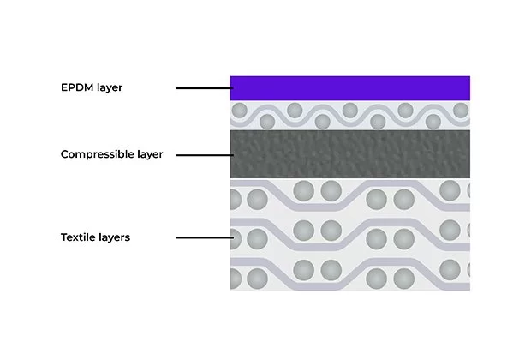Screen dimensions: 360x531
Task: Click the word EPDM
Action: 77,87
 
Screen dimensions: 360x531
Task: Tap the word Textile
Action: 79,237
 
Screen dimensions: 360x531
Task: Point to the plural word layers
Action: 115,237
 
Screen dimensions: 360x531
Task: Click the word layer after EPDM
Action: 110,87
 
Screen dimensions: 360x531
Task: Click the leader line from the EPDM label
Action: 203,88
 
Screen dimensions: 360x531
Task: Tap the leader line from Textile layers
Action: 203,237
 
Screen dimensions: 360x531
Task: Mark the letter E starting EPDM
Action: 64,87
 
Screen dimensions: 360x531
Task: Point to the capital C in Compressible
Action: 65,154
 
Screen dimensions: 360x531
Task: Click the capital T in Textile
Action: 64,237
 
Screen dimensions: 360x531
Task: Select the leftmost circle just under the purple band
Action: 239,111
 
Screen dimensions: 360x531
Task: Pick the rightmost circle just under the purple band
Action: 462,111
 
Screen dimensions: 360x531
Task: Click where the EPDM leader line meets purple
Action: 231,88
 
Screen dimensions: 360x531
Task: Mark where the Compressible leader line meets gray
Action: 231,155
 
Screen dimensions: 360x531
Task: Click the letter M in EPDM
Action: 89,87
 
